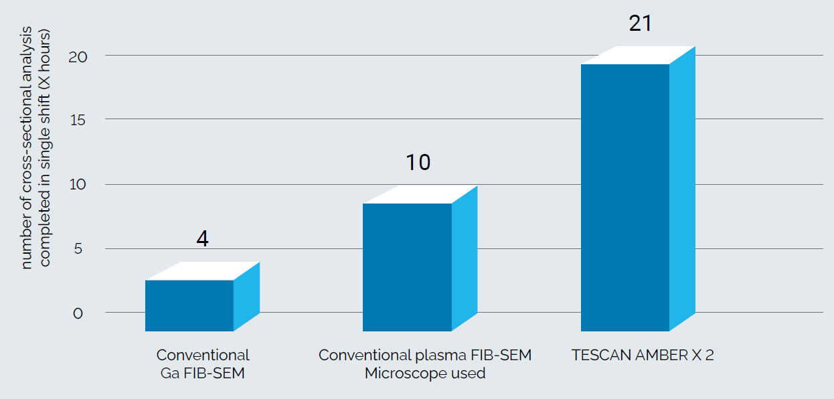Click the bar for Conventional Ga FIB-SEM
(x=189, y=305)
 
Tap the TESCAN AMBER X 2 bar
(x=625, y=197)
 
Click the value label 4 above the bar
(x=203, y=239)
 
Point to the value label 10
(x=418, y=163)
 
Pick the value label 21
(x=640, y=23)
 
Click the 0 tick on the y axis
(x=78, y=313)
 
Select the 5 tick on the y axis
(x=78, y=248)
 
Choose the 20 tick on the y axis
(x=76, y=56)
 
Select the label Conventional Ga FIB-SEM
(x=203, y=364)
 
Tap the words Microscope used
(x=425, y=374)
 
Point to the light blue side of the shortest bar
(x=246, y=297)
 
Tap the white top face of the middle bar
(x=420, y=194)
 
